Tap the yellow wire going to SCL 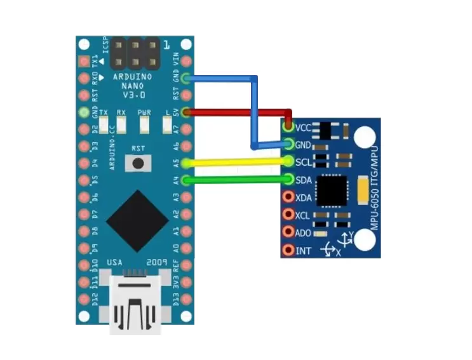pos(235,163)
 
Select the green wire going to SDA pos(235,180)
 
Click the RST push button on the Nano pos(136,164)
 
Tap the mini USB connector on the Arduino pos(135,302)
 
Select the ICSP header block pos(136,56)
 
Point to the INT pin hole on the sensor pos(288,250)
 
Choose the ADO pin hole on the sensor pos(288,232)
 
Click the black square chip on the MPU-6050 pos(331,191)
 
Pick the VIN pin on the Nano pos(185,62)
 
